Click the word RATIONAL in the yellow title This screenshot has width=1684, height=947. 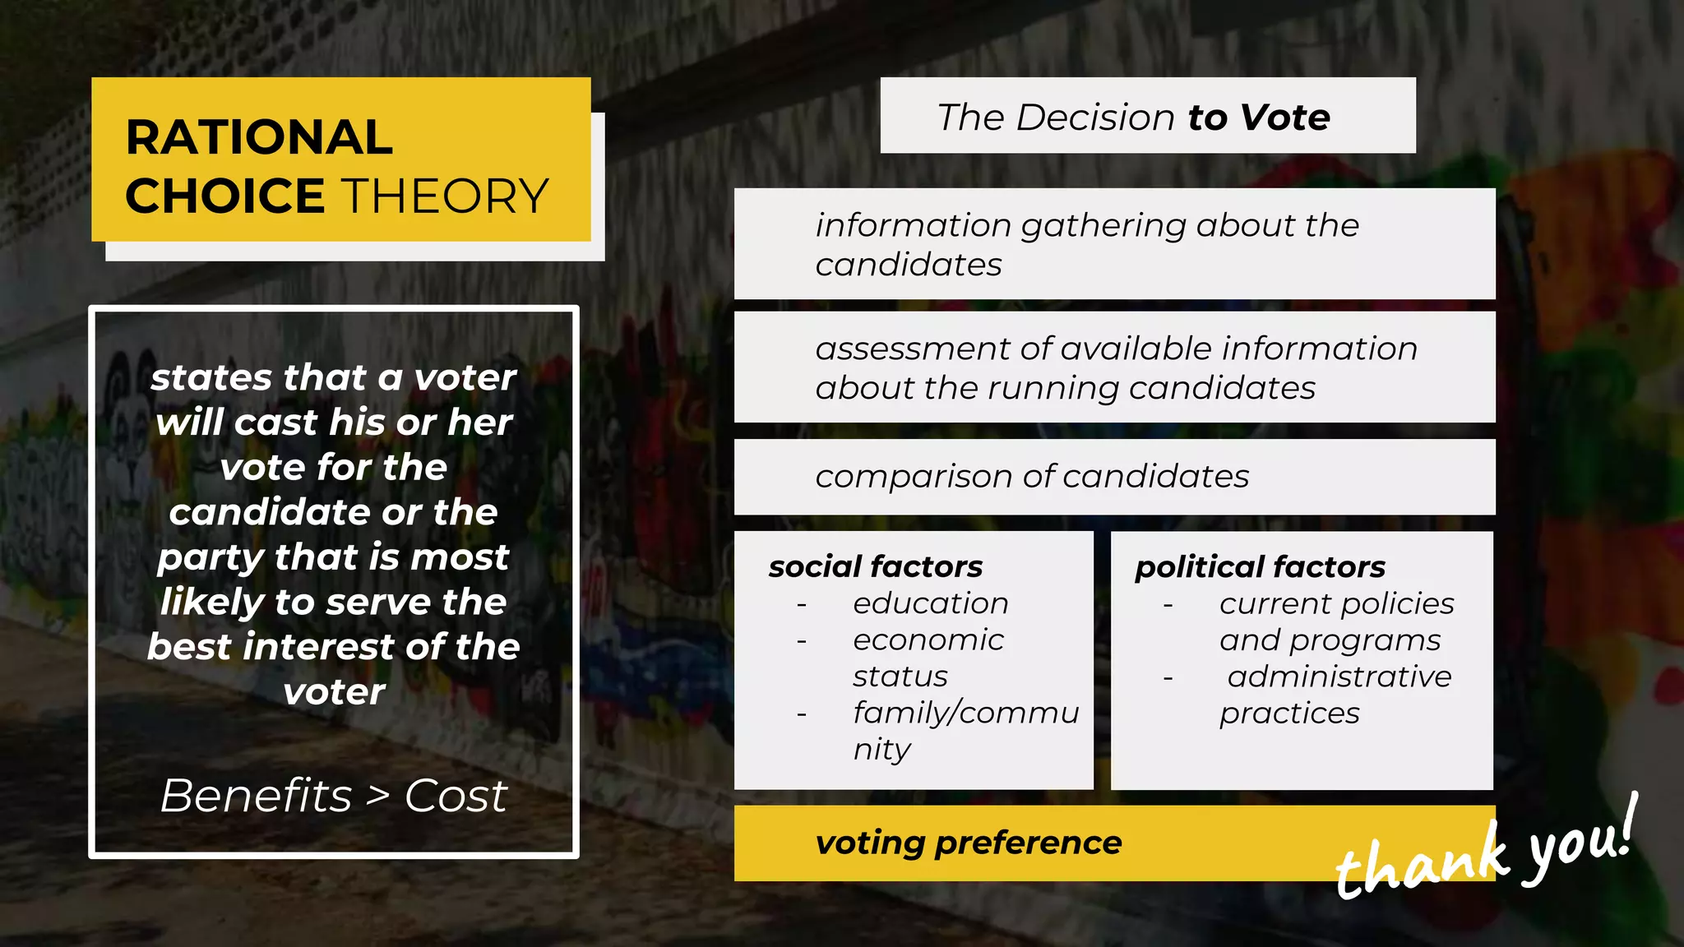(259, 137)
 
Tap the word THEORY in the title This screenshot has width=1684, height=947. (445, 196)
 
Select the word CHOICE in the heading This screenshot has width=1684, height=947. (224, 196)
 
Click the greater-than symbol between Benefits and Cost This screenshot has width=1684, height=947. (377, 796)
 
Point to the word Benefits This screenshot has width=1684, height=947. (256, 796)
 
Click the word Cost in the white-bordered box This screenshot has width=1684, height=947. (456, 796)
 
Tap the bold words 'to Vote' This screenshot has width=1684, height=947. (1259, 118)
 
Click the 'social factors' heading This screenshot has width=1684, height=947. (875, 566)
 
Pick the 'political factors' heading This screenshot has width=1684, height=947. (1260, 566)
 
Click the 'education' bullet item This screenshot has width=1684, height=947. (930, 603)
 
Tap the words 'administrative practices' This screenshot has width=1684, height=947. (1335, 695)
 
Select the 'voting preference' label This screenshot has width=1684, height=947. (968, 843)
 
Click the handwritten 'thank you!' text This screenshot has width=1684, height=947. (1485, 855)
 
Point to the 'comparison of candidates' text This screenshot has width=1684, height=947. (1032, 477)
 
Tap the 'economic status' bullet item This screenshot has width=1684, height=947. (928, 658)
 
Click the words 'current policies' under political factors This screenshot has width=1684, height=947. (1336, 604)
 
